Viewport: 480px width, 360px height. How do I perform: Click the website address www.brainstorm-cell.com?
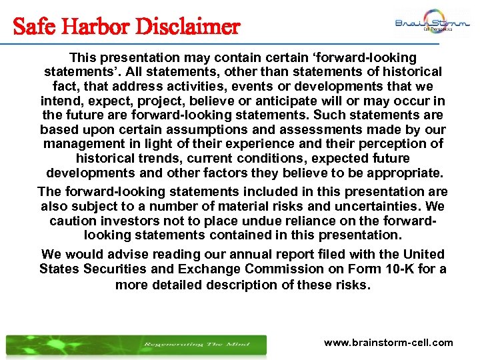pyautogui.click(x=388, y=343)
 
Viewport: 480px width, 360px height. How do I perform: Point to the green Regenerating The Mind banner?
pyautogui.click(x=136, y=344)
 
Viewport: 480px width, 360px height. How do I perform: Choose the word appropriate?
pyautogui.click(x=405, y=173)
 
